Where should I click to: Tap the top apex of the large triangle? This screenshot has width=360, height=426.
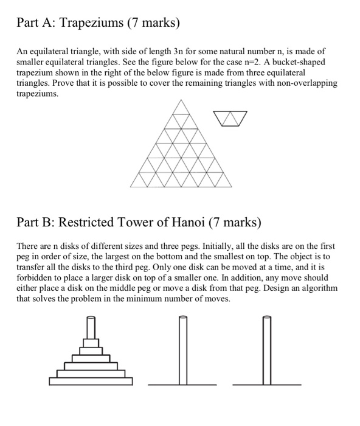pyautogui.click(x=181, y=100)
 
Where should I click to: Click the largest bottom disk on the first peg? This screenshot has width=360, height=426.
pyautogui.click(x=90, y=382)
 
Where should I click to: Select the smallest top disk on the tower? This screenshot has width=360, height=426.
pyautogui.click(x=90, y=332)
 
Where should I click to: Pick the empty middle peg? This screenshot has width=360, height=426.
pyautogui.click(x=181, y=350)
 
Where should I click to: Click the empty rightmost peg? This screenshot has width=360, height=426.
pyautogui.click(x=266, y=350)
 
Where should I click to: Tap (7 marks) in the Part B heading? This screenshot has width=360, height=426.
pyautogui.click(x=237, y=222)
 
